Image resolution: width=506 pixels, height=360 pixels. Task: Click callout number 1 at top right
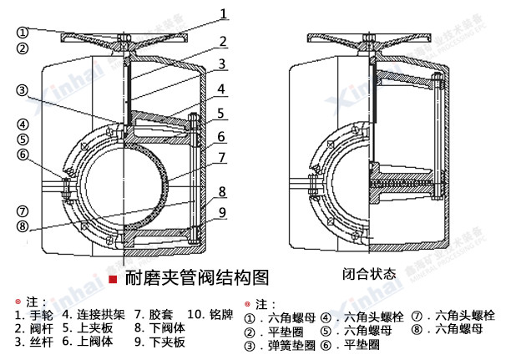pyautogui.click(x=223, y=13)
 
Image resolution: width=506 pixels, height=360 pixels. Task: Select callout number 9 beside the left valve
pyautogui.click(x=223, y=211)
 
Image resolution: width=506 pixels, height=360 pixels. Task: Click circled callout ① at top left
pyautogui.click(x=23, y=32)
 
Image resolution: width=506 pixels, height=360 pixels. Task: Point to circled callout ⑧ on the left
pyautogui.click(x=23, y=225)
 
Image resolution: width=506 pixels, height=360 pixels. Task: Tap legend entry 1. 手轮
pyautogui.click(x=34, y=315)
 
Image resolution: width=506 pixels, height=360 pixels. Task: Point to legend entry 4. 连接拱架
pyautogui.click(x=94, y=315)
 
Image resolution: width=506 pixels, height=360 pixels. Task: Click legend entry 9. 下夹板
pyautogui.click(x=159, y=342)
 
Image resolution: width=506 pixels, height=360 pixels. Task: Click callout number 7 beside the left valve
pyautogui.click(x=223, y=156)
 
